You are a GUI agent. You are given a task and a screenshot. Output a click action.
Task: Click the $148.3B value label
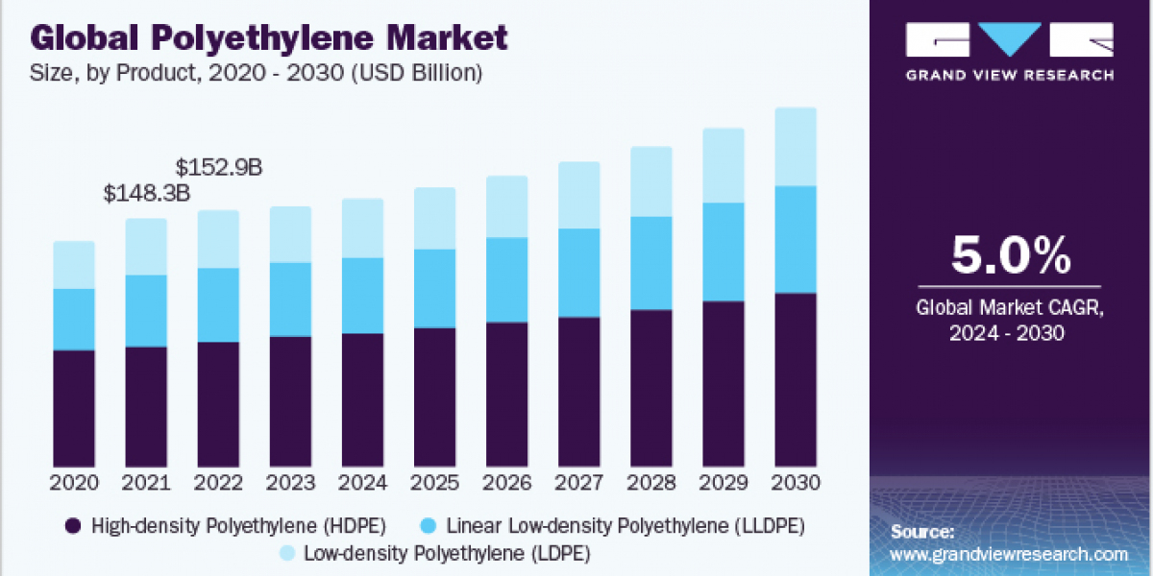click(146, 194)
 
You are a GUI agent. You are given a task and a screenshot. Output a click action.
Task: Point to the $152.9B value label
click(219, 167)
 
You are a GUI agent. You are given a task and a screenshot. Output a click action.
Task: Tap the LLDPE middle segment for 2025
click(434, 288)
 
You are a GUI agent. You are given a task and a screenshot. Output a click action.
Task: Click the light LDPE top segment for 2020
click(74, 264)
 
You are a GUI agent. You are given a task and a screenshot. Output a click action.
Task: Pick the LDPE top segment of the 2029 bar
click(723, 165)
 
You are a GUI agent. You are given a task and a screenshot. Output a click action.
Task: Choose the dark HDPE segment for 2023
click(290, 400)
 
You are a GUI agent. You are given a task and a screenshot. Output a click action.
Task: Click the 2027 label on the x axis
click(578, 482)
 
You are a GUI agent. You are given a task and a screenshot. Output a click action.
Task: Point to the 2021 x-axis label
click(146, 482)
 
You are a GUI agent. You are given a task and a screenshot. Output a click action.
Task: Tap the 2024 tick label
click(362, 482)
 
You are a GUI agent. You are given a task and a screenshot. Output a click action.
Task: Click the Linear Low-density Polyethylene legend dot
click(430, 525)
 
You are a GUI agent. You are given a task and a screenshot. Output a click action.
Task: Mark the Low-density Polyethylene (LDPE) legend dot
click(285, 554)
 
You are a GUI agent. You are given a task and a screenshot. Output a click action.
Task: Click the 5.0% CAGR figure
click(1010, 256)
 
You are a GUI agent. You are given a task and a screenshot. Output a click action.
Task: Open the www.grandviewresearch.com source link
click(1009, 554)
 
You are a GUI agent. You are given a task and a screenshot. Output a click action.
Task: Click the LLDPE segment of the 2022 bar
click(218, 304)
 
